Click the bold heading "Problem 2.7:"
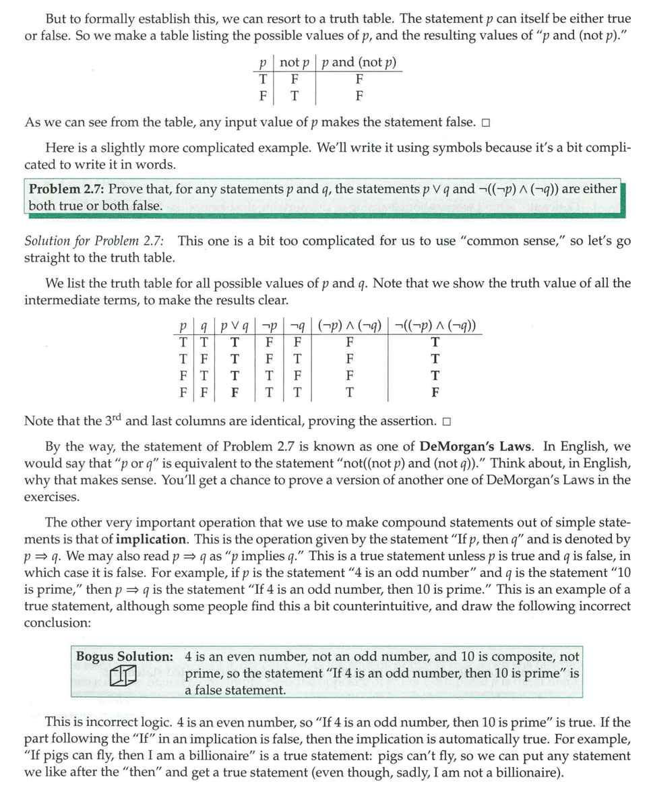coord(66,189)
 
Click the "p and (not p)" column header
coord(359,63)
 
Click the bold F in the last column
coord(435,392)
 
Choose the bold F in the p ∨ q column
coord(235,392)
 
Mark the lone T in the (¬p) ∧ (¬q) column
coord(349,392)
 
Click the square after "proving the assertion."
coord(446,422)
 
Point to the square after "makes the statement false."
coord(485,123)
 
